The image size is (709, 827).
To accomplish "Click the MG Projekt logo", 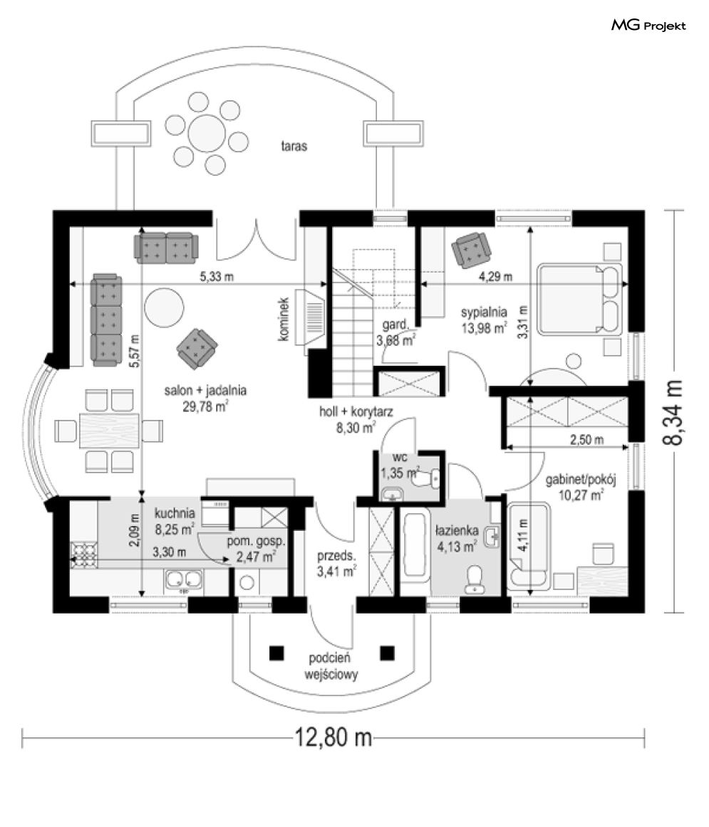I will tap(648, 26).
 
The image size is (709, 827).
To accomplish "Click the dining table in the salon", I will tap(109, 431).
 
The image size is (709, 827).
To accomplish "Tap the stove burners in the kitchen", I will tap(83, 554).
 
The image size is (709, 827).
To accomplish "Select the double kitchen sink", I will tap(185, 581).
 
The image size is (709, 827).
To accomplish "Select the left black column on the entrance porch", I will tap(276, 652).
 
